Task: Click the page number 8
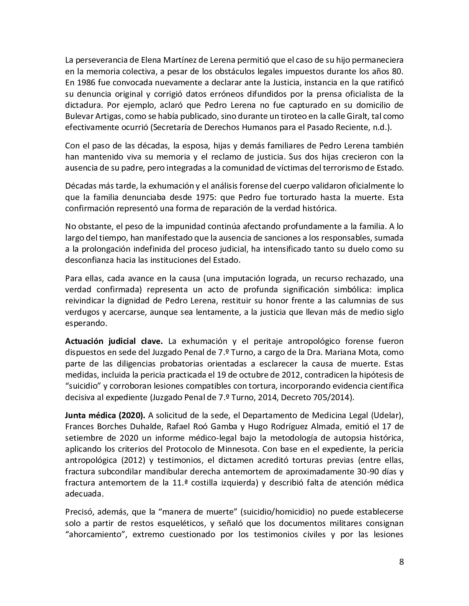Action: click(401, 562)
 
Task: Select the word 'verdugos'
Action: click(81, 312)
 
